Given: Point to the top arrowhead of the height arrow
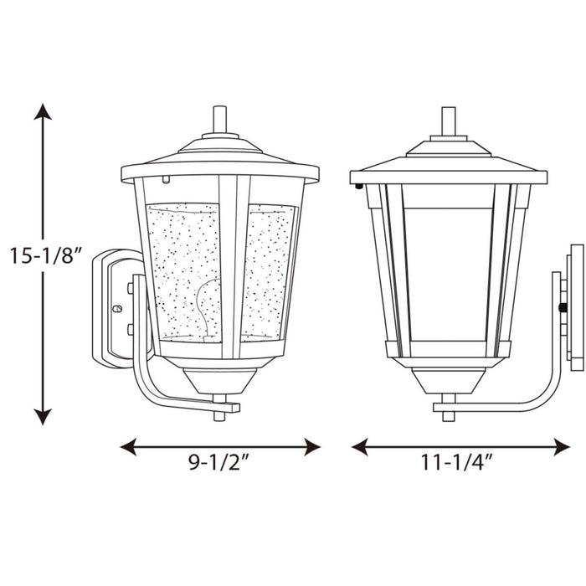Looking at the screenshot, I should point(44,111).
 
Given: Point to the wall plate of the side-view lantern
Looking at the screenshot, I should point(575,306).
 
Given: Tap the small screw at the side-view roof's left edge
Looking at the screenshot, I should point(357,187).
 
